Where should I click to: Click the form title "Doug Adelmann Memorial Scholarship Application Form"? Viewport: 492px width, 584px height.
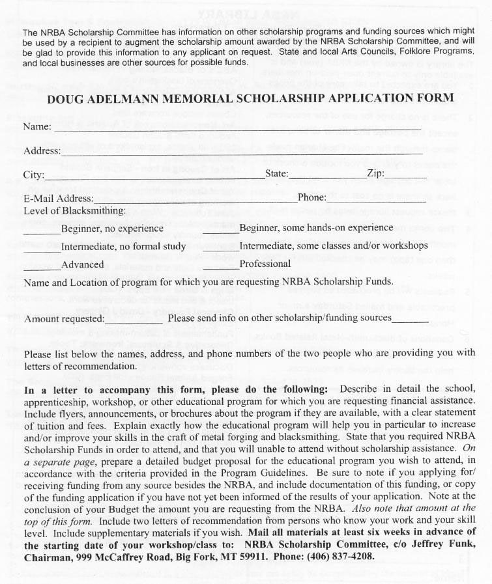tap(251, 98)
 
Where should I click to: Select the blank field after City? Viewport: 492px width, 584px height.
tap(154, 177)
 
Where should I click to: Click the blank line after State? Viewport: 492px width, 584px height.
tap(318, 177)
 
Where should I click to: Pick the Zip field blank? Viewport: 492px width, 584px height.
tap(405, 177)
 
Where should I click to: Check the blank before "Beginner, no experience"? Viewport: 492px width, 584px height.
tap(42, 232)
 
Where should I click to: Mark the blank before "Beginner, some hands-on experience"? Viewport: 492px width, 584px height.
tap(221, 232)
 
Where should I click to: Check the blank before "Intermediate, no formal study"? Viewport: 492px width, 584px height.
tap(42, 250)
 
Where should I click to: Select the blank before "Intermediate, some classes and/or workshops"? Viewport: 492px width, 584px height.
tap(221, 250)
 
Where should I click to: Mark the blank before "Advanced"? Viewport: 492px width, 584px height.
tap(42, 268)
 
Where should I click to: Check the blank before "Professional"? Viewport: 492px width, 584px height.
tap(221, 268)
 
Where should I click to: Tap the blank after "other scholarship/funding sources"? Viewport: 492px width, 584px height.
tap(410, 322)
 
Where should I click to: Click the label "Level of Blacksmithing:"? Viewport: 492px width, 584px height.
tap(74, 211)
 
